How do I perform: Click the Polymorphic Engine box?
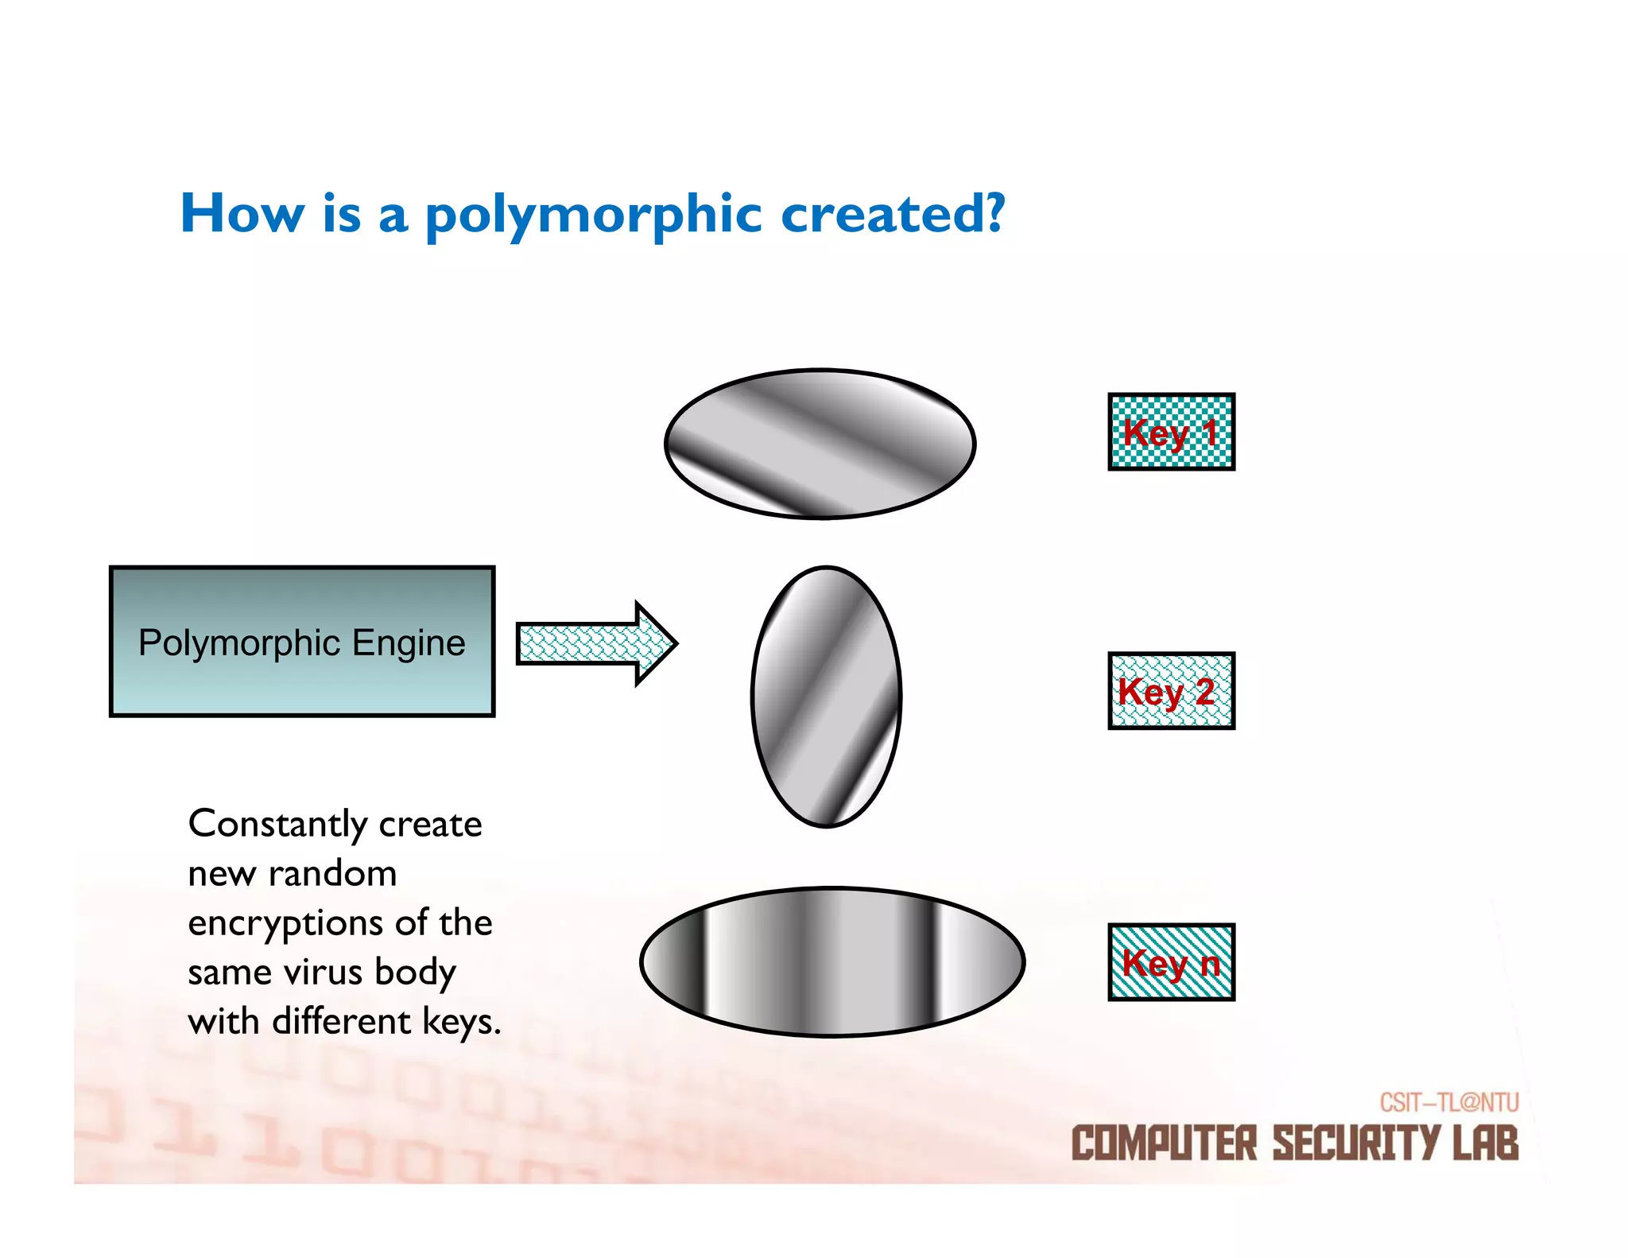(302, 642)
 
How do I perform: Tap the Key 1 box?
(1171, 432)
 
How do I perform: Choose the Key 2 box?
(1171, 690)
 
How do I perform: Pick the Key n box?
(1171, 962)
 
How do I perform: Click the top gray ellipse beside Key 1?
(820, 444)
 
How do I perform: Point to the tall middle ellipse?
(826, 697)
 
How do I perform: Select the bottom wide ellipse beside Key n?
(831, 961)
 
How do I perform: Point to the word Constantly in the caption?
(278, 825)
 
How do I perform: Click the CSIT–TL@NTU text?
(1448, 1102)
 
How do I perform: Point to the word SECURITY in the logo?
(1356, 1143)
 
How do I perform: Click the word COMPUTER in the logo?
(1164, 1143)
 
